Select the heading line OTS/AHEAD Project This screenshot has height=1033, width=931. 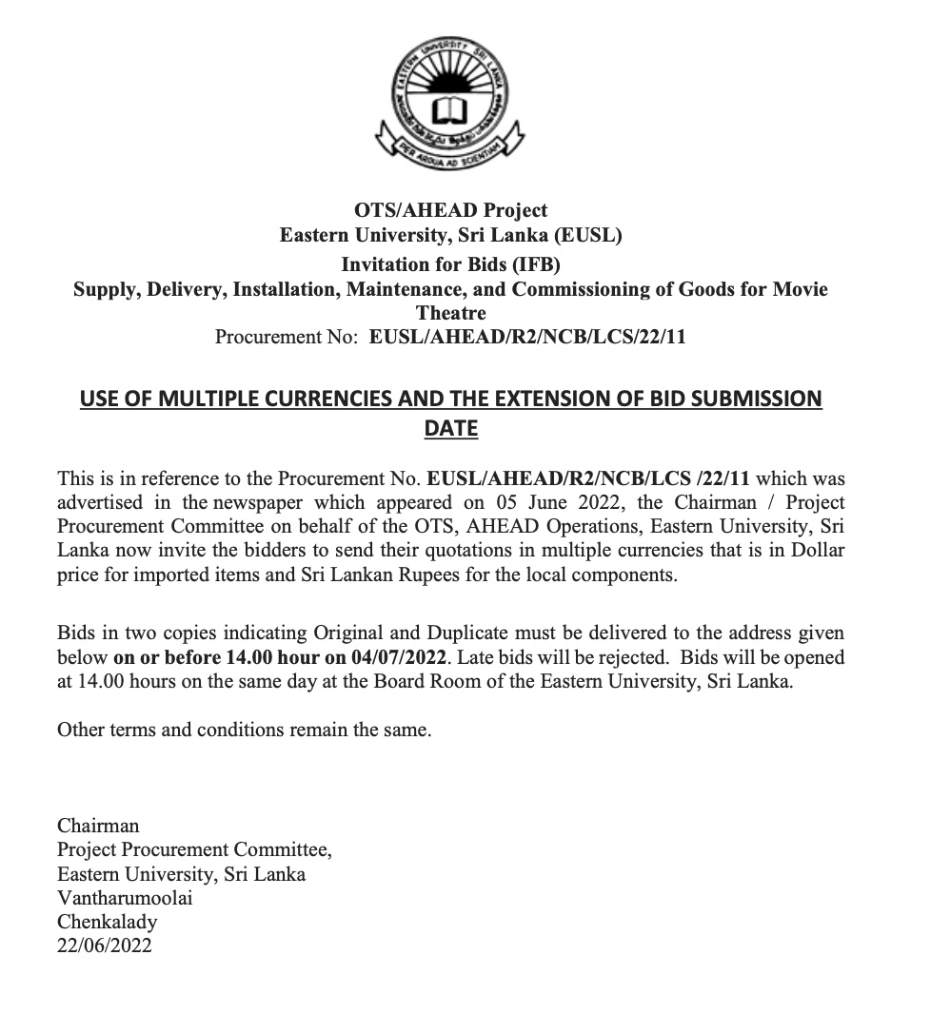coord(450,210)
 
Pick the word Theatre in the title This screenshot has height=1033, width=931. coord(450,313)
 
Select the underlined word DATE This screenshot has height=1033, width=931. coord(450,429)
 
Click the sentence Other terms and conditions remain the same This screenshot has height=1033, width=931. coord(245,731)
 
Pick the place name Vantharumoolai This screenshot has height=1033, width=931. coord(125,897)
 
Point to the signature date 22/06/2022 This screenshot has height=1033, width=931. coord(105,945)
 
